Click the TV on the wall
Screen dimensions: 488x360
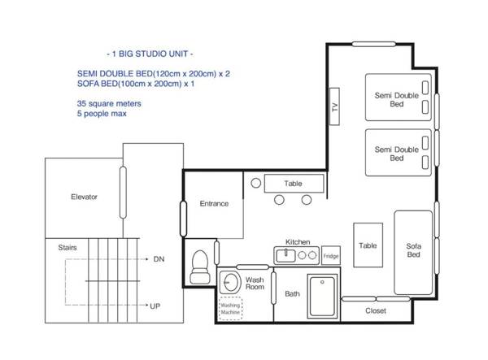[334, 106]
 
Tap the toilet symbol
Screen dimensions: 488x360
[200, 267]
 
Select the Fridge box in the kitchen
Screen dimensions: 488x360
[330, 255]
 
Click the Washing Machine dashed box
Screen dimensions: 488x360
[230, 308]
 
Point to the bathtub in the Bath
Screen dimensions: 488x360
[322, 296]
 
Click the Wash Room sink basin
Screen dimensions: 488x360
[230, 283]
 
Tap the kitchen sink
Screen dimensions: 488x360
[285, 255]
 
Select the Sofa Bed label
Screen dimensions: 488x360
[414, 250]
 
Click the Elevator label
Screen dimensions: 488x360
[84, 197]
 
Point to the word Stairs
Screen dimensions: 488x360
[68, 248]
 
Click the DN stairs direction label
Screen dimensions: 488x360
[159, 259]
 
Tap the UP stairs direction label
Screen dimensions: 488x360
[155, 306]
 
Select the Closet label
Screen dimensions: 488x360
[376, 310]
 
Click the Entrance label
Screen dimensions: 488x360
[214, 204]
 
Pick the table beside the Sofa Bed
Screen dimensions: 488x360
[368, 245]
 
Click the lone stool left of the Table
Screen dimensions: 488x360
[256, 183]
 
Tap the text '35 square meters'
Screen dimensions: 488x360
[109, 103]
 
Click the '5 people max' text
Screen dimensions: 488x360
[102, 114]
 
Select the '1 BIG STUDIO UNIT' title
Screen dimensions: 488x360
[150, 54]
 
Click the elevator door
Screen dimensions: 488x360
[123, 193]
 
